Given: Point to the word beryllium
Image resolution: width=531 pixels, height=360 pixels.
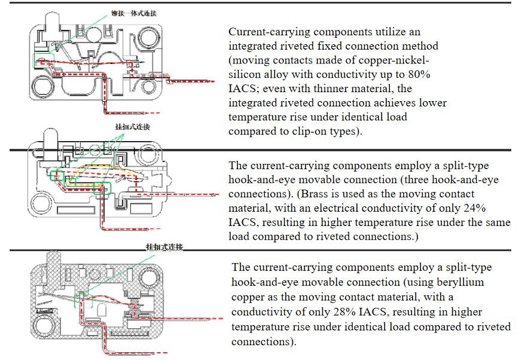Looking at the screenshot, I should (x=461, y=282).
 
